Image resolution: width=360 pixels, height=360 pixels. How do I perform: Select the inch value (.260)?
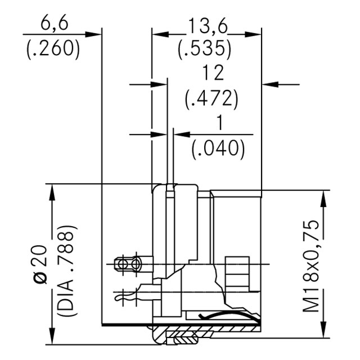coord(53,48)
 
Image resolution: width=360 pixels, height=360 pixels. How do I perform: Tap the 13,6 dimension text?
coord(205,24)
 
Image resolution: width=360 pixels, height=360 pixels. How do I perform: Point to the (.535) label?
coord(205,49)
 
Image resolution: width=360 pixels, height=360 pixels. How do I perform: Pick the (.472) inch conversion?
coord(212,99)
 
